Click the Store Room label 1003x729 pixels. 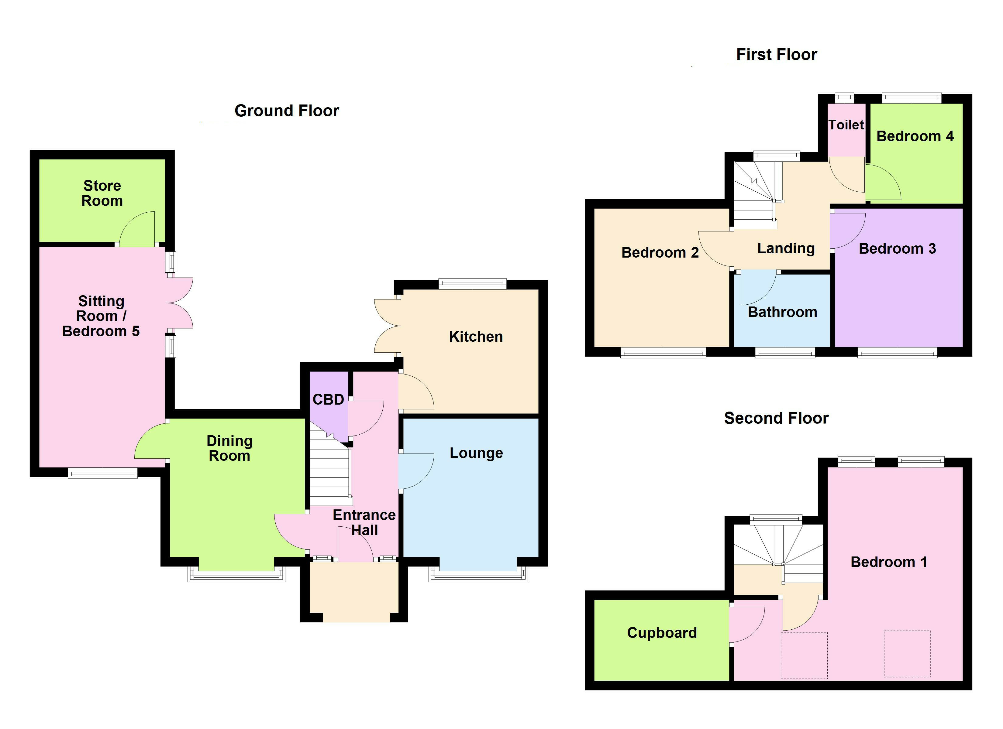(x=102, y=193)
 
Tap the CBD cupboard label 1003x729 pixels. (x=328, y=400)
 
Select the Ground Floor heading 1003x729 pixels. (x=287, y=111)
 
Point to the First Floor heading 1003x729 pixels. (x=777, y=54)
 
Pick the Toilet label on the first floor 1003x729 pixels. (x=846, y=125)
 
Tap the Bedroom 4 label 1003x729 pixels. (x=915, y=136)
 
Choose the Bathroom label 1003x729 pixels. (x=782, y=312)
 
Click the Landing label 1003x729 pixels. (x=786, y=248)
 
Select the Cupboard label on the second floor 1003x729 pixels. (x=662, y=633)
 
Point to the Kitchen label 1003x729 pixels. (x=476, y=337)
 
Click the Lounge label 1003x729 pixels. (x=476, y=453)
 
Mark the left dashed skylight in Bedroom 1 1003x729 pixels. (x=804, y=655)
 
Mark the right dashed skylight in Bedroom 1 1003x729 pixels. (x=907, y=654)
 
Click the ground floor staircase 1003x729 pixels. (x=330, y=473)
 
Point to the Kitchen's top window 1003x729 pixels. (x=472, y=283)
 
